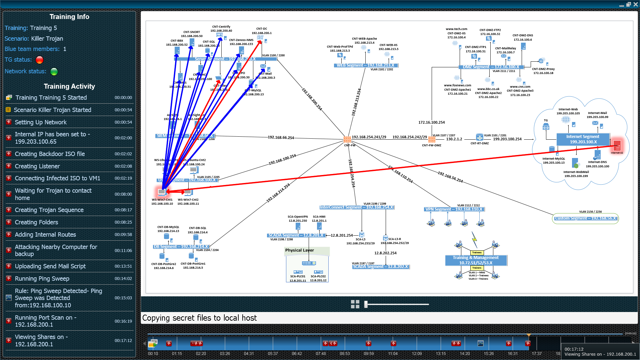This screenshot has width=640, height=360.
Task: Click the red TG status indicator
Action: [39, 60]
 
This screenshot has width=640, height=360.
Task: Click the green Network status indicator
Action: [54, 71]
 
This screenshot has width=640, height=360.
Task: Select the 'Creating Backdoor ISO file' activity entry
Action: [50, 154]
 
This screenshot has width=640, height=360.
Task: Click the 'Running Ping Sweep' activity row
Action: [42, 279]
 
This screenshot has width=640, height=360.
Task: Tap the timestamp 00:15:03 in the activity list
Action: [123, 298]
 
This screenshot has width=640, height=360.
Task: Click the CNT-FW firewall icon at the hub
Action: [347, 139]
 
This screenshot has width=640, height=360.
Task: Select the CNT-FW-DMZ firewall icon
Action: [432, 139]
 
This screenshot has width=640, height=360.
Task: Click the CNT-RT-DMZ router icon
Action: [479, 137]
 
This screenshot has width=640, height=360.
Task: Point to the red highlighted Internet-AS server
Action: [617, 146]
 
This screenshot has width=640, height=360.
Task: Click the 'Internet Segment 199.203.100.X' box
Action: [583, 139]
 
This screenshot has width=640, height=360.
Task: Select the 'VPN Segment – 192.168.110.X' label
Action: [454, 209]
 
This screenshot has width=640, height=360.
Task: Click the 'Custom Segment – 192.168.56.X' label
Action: [585, 218]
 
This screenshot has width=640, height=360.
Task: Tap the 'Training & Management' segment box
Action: [476, 260]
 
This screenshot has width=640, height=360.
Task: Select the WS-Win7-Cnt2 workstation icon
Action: [188, 193]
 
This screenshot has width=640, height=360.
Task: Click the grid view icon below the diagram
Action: [355, 304]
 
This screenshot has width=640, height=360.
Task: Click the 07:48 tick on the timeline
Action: [321, 354]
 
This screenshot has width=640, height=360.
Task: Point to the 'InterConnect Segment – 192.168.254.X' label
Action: [356, 207]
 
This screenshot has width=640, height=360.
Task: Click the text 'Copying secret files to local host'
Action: [199, 318]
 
